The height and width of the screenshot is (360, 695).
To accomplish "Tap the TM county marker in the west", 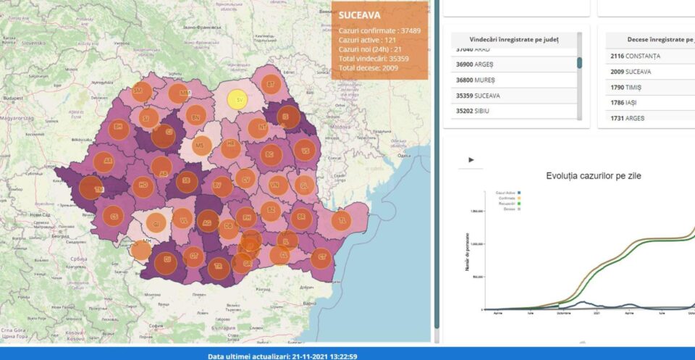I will click(x=90, y=188).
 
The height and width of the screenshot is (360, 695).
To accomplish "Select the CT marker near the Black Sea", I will click(x=323, y=256).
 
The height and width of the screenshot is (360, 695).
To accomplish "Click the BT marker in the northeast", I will click(x=271, y=84).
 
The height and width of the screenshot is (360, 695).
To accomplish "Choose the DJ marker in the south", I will click(x=168, y=259).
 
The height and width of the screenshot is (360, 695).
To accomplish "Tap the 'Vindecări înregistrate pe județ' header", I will click(x=514, y=38).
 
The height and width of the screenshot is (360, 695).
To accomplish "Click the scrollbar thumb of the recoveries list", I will click(x=579, y=63).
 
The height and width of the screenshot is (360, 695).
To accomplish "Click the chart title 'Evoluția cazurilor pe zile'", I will click(x=594, y=175).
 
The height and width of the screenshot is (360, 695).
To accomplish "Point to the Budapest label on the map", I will click(x=12, y=97).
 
